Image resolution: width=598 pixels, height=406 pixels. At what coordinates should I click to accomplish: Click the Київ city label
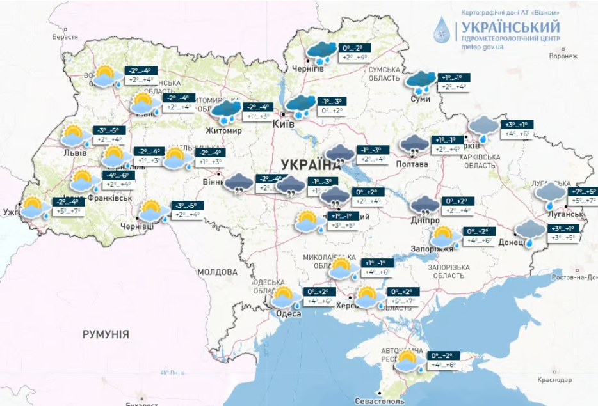(x=284, y=124)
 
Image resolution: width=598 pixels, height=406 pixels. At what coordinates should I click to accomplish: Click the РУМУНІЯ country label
(x=106, y=334)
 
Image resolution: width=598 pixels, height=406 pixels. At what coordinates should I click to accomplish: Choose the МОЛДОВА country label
(x=217, y=272)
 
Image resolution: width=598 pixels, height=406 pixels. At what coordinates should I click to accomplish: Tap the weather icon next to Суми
(x=421, y=81)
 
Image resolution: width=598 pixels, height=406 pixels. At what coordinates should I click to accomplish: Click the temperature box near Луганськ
(x=582, y=196)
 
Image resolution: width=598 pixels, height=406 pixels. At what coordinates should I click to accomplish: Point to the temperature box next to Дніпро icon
(x=458, y=206)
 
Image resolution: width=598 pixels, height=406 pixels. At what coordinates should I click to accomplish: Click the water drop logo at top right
(x=442, y=29)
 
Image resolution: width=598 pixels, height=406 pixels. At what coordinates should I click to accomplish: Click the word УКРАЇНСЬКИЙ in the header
(x=510, y=27)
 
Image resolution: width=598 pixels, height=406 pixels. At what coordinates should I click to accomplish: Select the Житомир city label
(x=223, y=131)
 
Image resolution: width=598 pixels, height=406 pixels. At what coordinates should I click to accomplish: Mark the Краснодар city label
(x=554, y=380)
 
